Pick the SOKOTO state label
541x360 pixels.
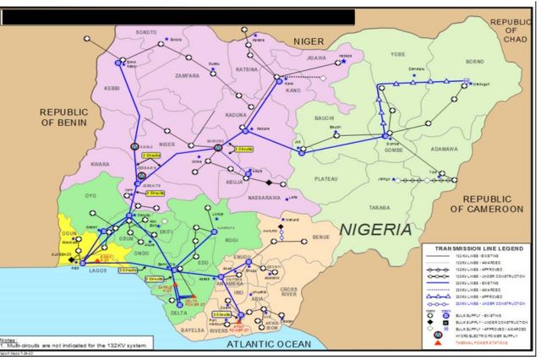(147, 31)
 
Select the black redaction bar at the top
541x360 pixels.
(178, 16)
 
